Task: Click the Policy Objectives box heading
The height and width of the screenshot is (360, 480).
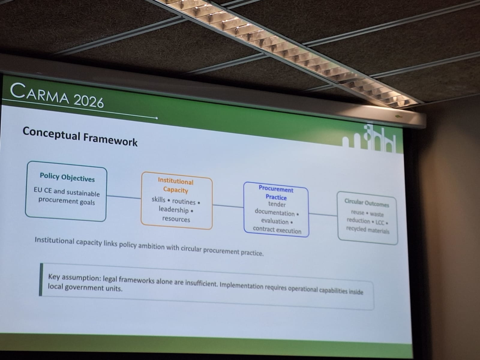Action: (67, 177)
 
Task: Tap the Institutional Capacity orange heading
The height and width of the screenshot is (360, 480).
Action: (175, 186)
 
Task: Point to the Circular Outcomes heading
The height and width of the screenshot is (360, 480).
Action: (367, 202)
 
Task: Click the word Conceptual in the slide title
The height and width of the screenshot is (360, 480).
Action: (51, 133)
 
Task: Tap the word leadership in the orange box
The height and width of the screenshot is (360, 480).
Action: (173, 209)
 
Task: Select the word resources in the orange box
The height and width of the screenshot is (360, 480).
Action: (176, 219)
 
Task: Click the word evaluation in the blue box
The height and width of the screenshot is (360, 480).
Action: (275, 221)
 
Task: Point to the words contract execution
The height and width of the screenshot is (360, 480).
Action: (277, 230)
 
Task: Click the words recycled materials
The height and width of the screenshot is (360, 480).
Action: (368, 230)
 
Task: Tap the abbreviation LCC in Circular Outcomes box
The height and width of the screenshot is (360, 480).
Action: (380, 222)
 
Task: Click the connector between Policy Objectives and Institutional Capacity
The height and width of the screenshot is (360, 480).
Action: (124, 197)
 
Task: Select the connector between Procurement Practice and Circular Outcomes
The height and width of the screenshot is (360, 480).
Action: (323, 214)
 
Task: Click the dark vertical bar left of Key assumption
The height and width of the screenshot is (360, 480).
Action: (41, 280)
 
